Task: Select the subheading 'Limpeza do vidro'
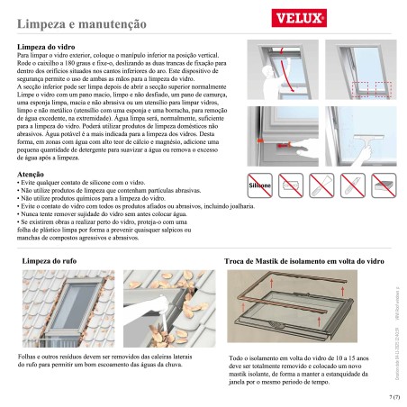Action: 50,45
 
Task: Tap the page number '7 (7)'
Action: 393,394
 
